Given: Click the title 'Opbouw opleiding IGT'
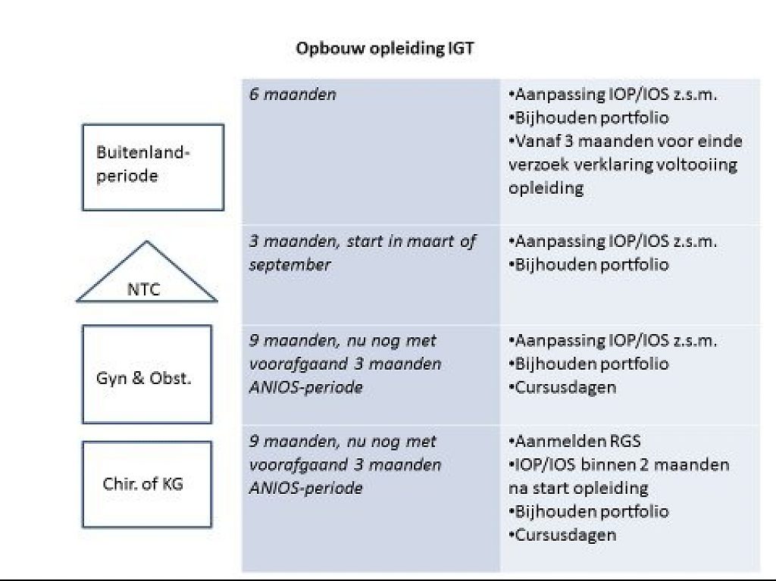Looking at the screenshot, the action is pos(384,48).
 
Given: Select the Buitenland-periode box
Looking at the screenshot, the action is pos(153,167).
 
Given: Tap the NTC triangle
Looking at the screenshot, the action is pos(146,271).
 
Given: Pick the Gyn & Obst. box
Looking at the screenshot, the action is pos(147,374).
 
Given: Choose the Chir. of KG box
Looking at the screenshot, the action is pos(147,485).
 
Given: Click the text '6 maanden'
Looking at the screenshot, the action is pos(293,94).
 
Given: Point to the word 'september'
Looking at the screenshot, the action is pos(289,265).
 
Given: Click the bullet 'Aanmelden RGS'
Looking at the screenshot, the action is pos(574,441).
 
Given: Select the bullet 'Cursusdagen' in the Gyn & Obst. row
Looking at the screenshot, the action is pos(562,387).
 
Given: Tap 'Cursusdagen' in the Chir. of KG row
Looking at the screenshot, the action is pos(562,535).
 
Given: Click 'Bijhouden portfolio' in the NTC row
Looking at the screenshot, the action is pos(588,265).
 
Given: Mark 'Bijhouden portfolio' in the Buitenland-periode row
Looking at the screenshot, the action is pos(588,117).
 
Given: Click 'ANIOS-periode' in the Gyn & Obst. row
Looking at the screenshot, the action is pos(306,387).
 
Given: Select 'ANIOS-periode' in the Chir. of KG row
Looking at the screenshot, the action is pos(306,488).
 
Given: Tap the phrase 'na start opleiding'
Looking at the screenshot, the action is pos(578,489).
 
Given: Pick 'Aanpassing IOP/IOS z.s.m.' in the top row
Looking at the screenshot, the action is pos(612,94).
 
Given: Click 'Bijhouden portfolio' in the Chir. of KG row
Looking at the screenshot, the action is pos(588,512).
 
